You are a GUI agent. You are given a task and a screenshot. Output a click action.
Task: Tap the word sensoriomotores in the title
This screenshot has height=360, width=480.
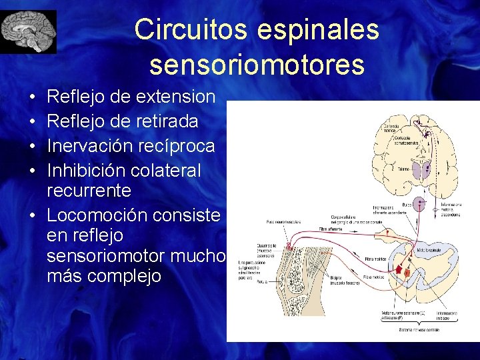[257, 65]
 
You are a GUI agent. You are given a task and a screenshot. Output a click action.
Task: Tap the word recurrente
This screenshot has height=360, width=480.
[89, 191]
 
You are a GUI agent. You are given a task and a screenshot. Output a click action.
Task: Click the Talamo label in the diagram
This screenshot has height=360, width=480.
[403, 170]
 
